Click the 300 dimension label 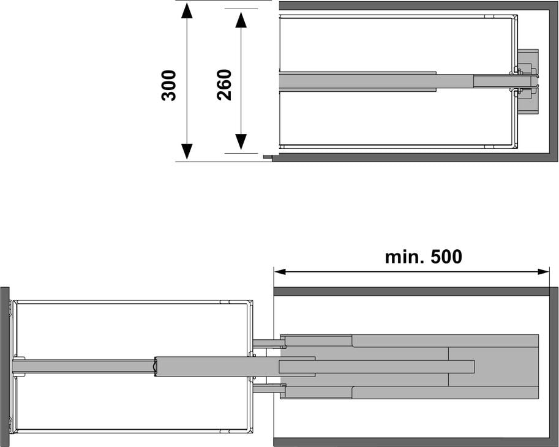(x=168, y=86)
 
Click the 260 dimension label (x=224, y=85)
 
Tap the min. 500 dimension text (x=424, y=257)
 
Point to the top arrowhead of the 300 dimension (x=187, y=10)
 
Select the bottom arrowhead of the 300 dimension (x=187, y=151)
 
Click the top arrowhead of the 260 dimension (x=241, y=20)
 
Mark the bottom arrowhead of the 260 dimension (x=241, y=142)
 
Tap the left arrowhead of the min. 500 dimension (x=280, y=272)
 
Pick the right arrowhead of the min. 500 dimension (x=542, y=272)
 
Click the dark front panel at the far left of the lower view (x=4, y=366)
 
